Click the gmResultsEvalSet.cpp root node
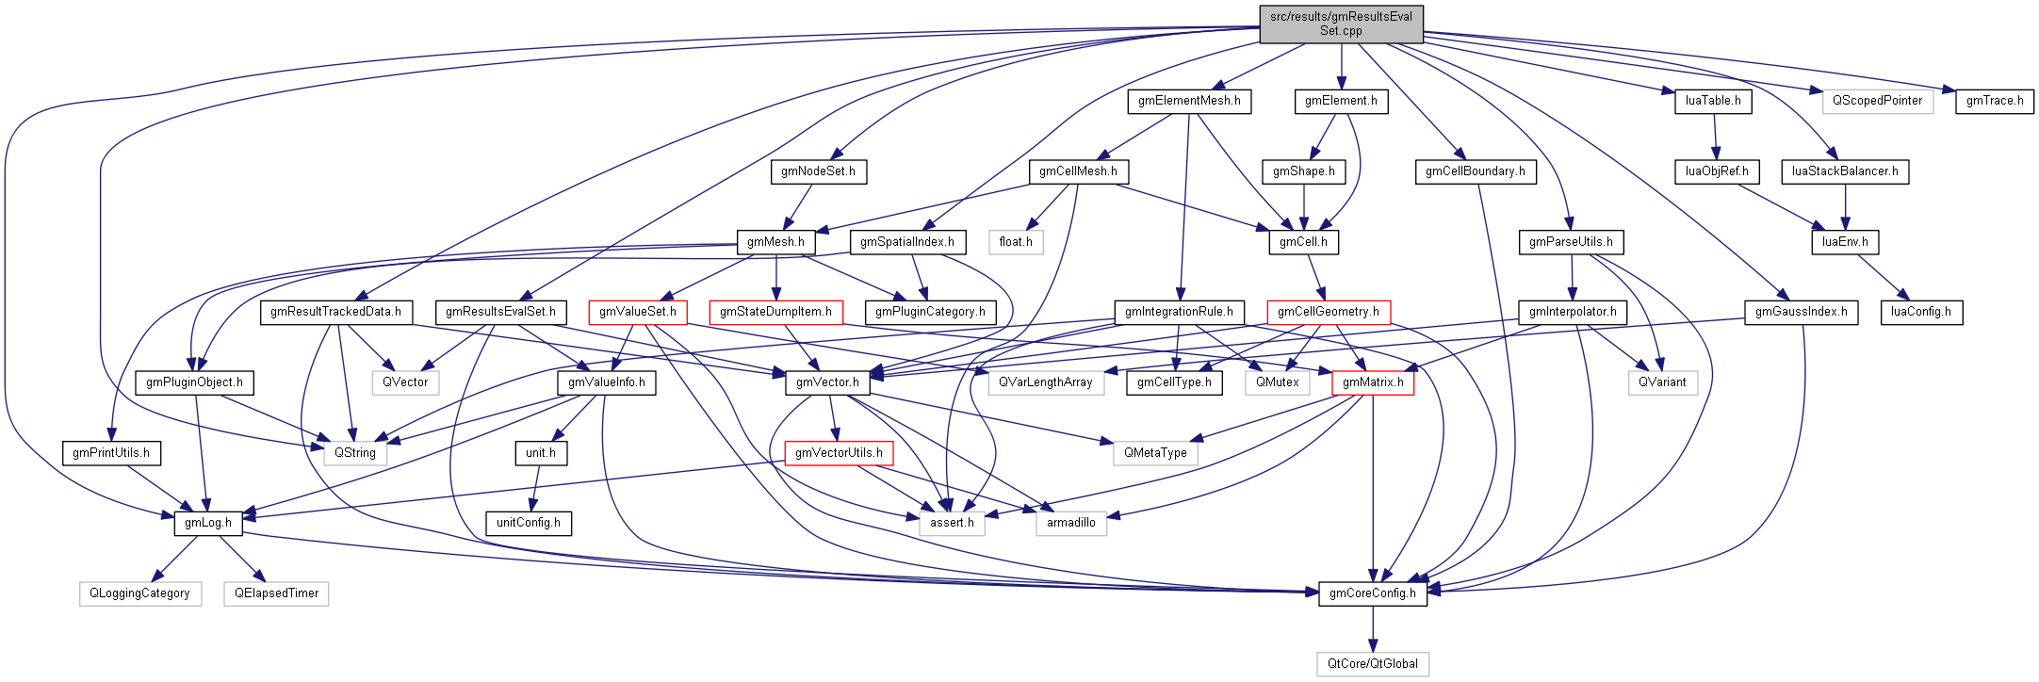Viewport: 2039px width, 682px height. (1341, 24)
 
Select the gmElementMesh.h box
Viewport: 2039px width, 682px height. (1188, 101)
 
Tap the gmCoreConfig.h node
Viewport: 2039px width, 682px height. (1372, 593)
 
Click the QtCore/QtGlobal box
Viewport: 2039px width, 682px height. (1372, 664)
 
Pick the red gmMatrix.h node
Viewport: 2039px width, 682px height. (1372, 382)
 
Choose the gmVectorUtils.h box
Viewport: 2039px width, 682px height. (839, 453)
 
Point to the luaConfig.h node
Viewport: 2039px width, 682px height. (1920, 312)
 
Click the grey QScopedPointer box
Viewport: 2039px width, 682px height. (1876, 101)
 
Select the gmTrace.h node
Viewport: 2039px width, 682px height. (1994, 101)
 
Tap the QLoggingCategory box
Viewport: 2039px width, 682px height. (139, 593)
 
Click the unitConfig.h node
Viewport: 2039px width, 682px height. (528, 523)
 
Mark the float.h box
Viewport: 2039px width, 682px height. (1015, 242)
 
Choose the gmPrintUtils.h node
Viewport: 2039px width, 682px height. (111, 453)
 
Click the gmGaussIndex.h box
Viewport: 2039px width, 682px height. (1801, 312)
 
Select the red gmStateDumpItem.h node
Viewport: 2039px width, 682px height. (775, 312)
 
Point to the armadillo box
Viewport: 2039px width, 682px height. (1070, 523)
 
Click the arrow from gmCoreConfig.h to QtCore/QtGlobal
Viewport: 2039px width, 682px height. (1372, 628)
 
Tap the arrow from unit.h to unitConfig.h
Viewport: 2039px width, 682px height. (535, 488)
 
